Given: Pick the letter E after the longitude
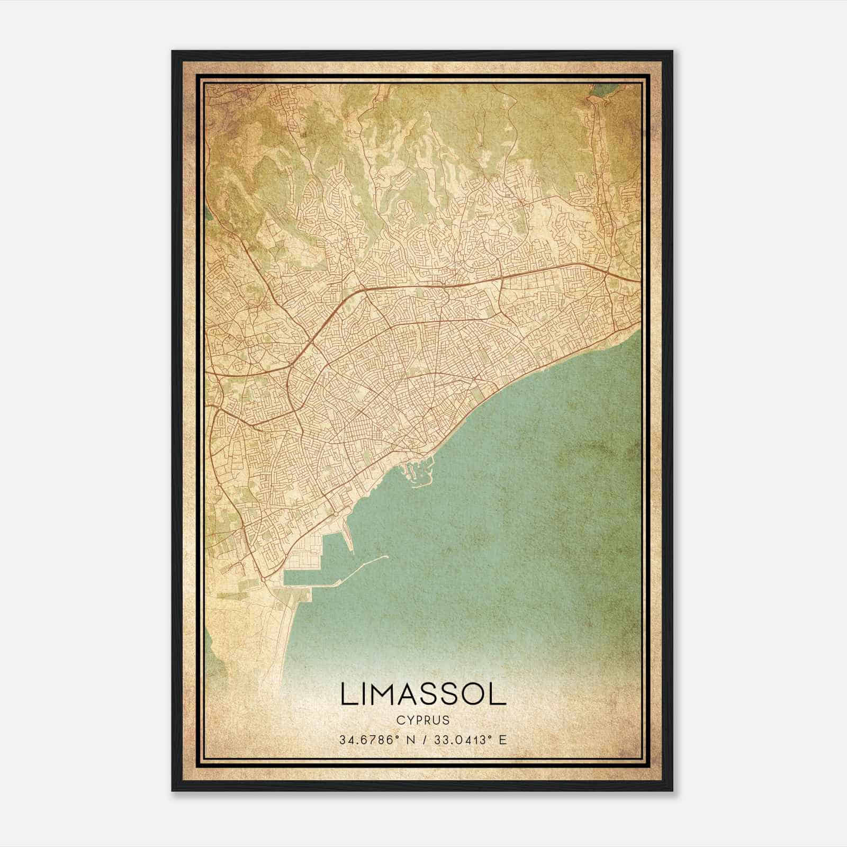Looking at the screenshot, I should pos(503,740).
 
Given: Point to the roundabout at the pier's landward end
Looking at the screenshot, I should pos(336,514).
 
